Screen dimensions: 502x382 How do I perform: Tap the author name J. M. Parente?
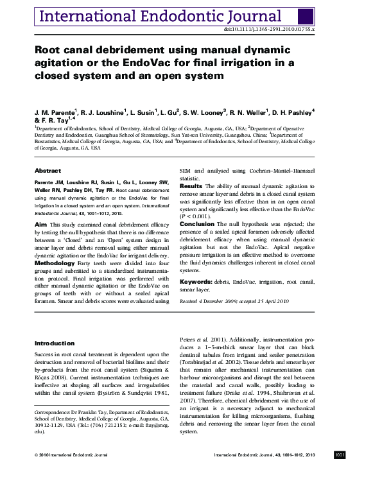pos(56,111)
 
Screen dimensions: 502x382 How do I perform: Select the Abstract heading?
pos(48,171)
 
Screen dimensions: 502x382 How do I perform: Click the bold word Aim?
pos(40,223)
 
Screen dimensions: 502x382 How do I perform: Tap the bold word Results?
pos(190,186)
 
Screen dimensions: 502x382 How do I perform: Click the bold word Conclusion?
pos(197,224)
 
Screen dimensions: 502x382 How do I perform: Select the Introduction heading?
pos(55,343)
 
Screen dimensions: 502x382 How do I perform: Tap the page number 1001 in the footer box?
pos(340,454)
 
